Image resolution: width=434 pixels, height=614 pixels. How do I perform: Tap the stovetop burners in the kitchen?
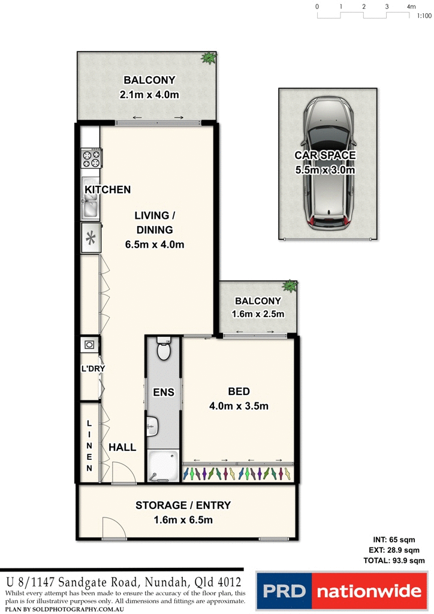(x=92, y=159)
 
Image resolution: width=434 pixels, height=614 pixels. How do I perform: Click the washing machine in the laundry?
(x=89, y=345)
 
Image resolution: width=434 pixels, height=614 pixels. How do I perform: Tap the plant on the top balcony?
(x=209, y=58)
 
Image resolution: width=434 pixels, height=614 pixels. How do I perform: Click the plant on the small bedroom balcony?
(x=290, y=285)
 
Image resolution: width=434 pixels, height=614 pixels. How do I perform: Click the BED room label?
(x=239, y=392)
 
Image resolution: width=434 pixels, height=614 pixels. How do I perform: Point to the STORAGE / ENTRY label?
(x=183, y=505)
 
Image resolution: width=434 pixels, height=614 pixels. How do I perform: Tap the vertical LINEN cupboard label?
(x=90, y=446)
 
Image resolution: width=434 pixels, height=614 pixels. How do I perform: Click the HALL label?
(x=122, y=447)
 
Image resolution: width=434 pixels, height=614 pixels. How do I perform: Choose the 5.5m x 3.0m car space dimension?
(x=325, y=170)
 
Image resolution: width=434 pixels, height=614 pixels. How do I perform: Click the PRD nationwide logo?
(x=341, y=592)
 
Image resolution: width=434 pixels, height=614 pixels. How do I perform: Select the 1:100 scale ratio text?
(x=424, y=17)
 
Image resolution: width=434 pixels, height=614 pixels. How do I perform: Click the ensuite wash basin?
(x=151, y=426)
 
